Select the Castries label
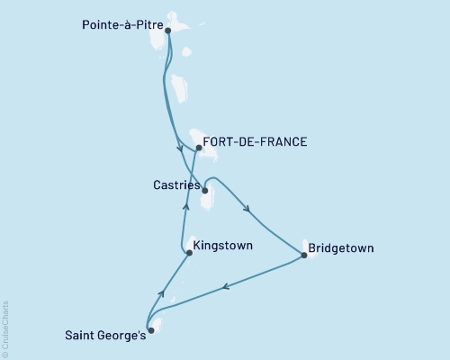pos(174,184)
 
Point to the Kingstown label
pos(222,245)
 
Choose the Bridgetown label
pos(341,247)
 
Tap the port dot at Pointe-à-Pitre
pos(168,30)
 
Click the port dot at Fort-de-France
pos(198,147)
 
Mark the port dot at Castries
pos(205,191)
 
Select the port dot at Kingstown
pos(189,254)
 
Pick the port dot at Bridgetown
pos(304,256)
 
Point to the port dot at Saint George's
pos(150,330)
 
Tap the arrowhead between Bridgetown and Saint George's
pos(225,287)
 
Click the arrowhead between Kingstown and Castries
pos(186,206)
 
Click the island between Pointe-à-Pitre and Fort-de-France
pos(180,88)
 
